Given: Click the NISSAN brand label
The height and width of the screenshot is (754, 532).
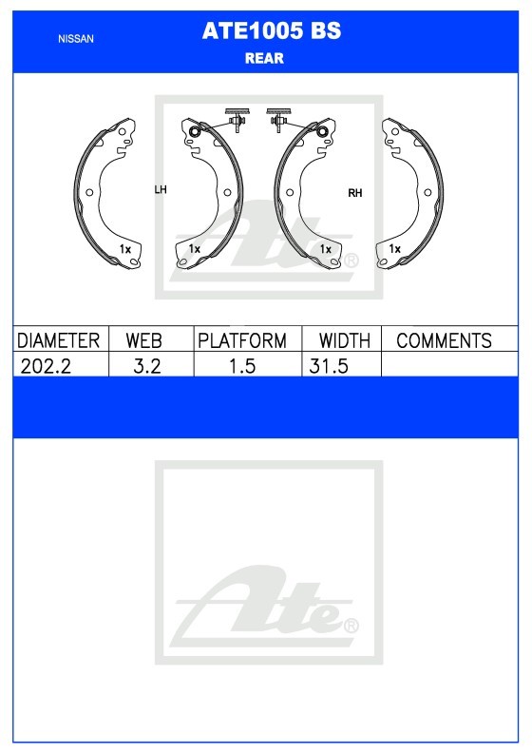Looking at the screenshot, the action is (76, 39).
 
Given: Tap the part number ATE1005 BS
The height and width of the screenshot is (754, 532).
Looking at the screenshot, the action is (272, 30).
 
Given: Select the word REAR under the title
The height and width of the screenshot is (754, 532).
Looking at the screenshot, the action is (264, 58).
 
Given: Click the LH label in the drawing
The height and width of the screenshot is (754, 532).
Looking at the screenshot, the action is (161, 189).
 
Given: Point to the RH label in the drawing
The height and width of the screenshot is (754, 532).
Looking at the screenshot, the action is (355, 193).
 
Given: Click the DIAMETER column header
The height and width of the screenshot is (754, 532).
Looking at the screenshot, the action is (58, 340).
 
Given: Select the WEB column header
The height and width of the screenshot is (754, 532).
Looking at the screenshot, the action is (143, 340).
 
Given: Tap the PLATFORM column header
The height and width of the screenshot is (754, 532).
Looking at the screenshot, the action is (242, 340).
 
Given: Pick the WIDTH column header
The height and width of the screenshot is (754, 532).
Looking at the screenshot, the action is (345, 340).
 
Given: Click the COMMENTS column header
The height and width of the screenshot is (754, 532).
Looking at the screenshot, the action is (444, 340).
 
